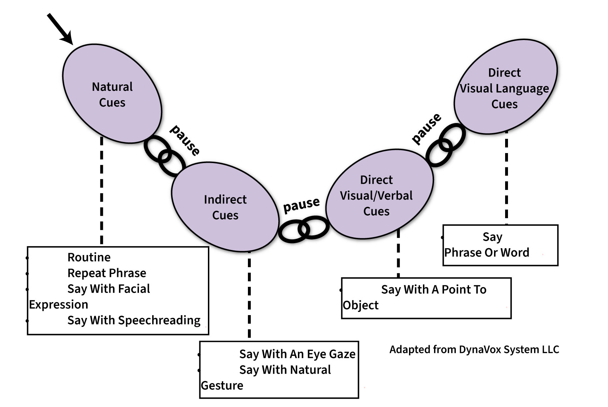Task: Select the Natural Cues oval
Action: [112, 94]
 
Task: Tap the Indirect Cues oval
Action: [225, 207]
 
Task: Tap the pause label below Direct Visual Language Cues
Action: [427, 129]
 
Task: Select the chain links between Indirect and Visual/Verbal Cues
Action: [304, 229]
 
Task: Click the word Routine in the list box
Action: [89, 257]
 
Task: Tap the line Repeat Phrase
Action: [107, 273]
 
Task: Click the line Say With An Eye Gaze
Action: [297, 354]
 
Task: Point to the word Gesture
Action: [222, 386]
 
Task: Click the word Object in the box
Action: [360, 305]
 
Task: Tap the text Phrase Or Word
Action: [487, 252]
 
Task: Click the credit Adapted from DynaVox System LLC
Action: [474, 349]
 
